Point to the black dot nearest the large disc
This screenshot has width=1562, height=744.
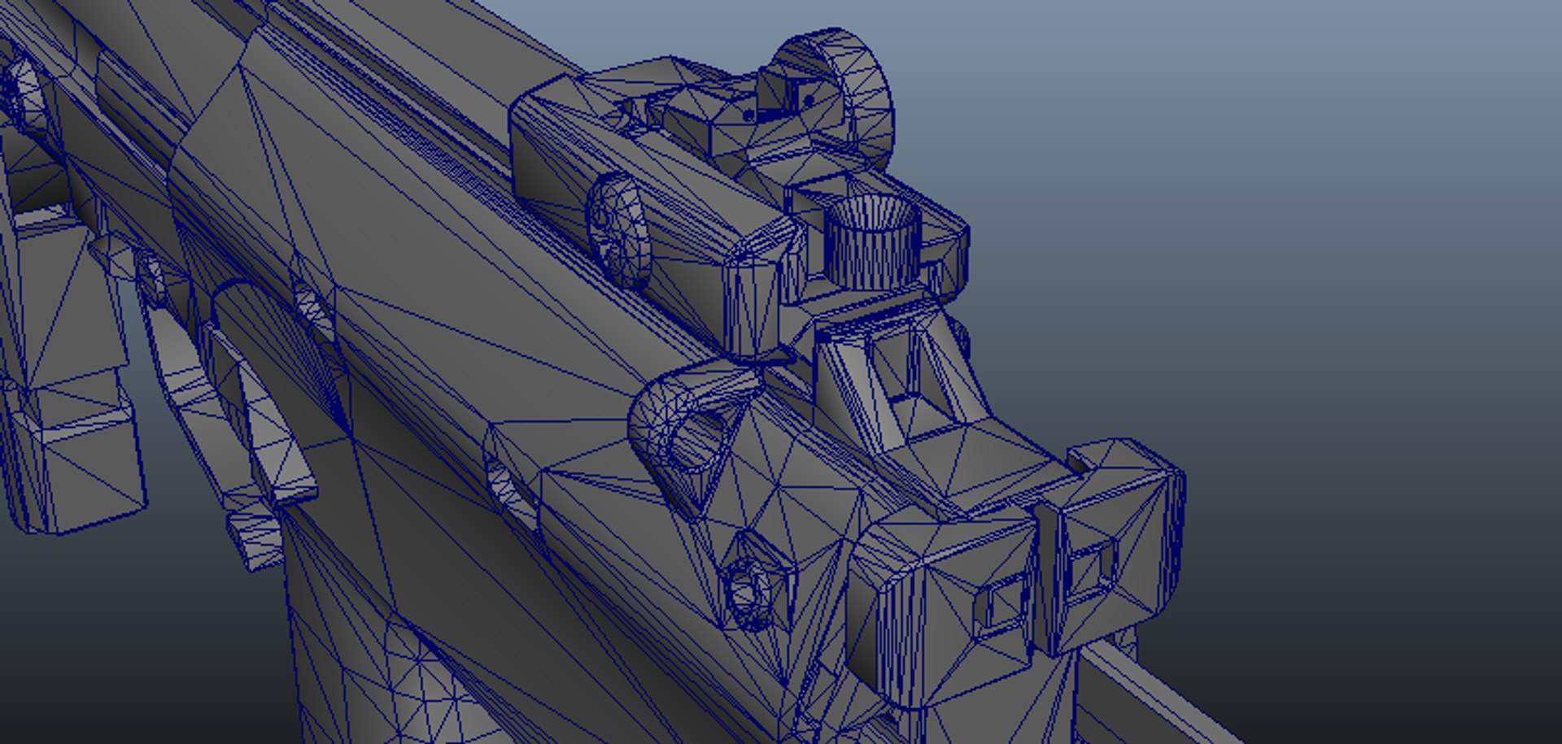click(809, 101)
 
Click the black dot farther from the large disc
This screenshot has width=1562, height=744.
click(748, 116)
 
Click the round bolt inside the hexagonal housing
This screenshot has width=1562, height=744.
click(747, 590)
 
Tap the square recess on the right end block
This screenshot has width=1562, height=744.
click(1090, 565)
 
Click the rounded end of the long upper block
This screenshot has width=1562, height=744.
click(757, 293)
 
